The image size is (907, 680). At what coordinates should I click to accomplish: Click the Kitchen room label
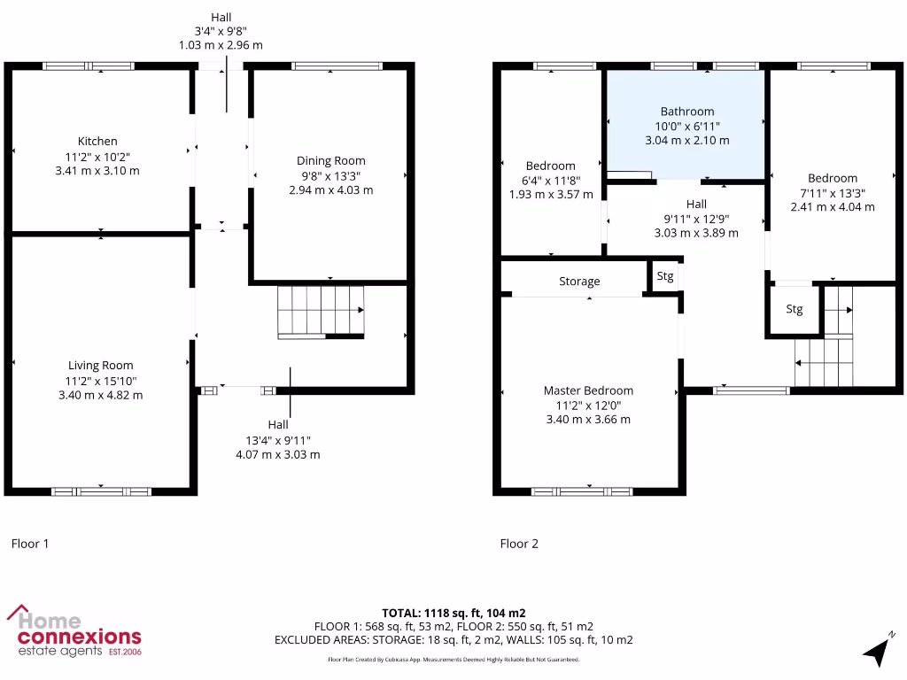97,142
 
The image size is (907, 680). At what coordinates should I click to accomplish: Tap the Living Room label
101,365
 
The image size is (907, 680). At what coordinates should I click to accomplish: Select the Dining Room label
330,161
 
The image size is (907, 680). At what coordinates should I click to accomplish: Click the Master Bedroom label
588,390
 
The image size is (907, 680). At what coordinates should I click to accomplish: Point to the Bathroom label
686,112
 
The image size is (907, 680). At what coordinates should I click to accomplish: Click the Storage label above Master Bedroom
579,282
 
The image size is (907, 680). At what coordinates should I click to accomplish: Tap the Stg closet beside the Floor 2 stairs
795,310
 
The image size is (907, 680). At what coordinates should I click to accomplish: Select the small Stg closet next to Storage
665,276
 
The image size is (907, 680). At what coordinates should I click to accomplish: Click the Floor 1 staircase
321,312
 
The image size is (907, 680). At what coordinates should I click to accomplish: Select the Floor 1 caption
30,544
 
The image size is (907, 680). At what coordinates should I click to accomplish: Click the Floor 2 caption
519,544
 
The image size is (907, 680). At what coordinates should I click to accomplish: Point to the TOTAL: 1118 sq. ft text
453,613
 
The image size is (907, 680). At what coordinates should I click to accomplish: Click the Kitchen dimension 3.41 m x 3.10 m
97,171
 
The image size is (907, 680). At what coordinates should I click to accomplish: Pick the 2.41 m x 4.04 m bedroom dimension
833,207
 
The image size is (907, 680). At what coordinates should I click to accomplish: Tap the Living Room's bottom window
100,491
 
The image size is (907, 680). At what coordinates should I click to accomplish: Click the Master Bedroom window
588,491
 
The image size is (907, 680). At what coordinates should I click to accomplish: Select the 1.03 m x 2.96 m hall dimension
221,44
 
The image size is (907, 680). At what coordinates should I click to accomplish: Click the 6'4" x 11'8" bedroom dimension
551,180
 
